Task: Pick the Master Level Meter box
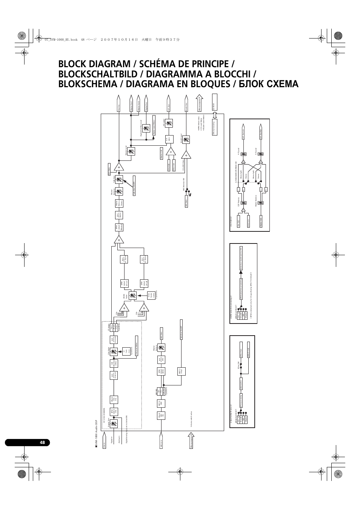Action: coord(154,125)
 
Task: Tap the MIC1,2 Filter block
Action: coord(181,371)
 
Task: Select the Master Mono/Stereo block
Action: coord(117,203)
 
